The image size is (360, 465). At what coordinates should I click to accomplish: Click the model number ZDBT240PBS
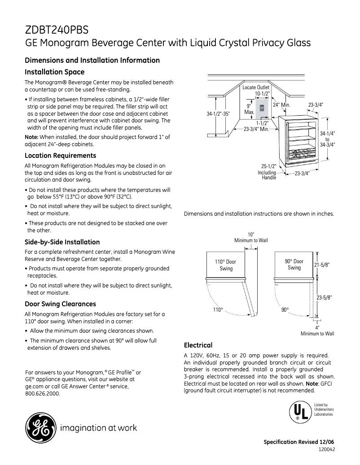[57, 30]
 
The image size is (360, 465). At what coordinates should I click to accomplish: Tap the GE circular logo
[40, 427]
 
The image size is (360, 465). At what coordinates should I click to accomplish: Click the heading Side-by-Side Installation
[62, 242]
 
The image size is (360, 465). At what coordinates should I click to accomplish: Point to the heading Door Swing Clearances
[60, 304]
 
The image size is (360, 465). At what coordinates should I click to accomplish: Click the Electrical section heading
[198, 345]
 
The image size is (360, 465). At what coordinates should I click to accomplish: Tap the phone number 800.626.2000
[42, 393]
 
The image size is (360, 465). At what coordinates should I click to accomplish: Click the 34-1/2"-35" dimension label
[218, 114]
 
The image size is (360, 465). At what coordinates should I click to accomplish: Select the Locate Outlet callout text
[256, 87]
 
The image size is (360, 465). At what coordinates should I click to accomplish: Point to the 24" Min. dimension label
[282, 104]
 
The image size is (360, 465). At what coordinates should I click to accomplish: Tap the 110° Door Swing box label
[226, 265]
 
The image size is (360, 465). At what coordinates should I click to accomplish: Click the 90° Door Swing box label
[294, 265]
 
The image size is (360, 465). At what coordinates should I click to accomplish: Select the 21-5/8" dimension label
[322, 265]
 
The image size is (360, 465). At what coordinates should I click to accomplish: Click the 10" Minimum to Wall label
[251, 238]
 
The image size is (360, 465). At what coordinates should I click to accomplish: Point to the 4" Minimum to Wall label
[317, 330]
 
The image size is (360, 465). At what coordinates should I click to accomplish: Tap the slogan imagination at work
[98, 428]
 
